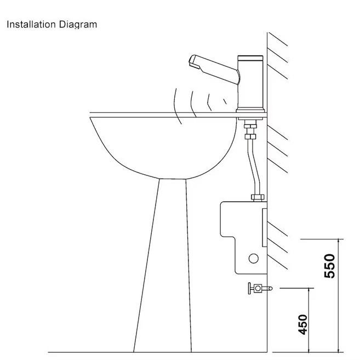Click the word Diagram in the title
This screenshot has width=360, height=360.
coord(78,25)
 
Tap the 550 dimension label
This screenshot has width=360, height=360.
coord(329,266)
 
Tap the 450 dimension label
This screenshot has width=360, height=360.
coord(302,324)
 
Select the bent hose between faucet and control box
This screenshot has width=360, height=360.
coord(252,164)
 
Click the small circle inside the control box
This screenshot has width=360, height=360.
coord(253,258)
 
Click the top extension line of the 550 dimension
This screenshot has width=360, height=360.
coord(323,239)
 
